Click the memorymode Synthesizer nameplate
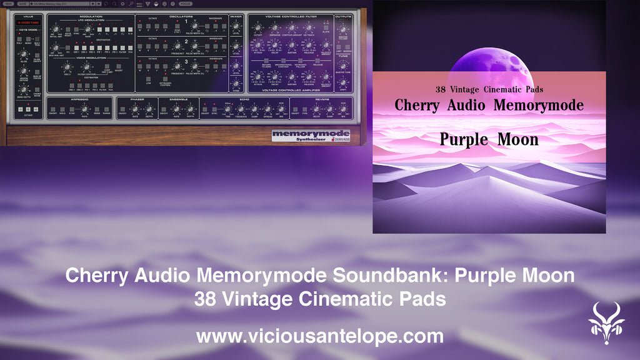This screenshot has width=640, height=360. (x=311, y=136)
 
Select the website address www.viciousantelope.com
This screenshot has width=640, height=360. (x=319, y=336)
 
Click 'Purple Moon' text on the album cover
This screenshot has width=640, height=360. (x=489, y=139)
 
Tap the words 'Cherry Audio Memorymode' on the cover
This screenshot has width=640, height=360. (x=489, y=105)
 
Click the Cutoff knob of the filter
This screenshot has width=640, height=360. (x=258, y=28)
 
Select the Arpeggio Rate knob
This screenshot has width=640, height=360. (x=85, y=109)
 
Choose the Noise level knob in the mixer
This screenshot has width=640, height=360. (x=236, y=82)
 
